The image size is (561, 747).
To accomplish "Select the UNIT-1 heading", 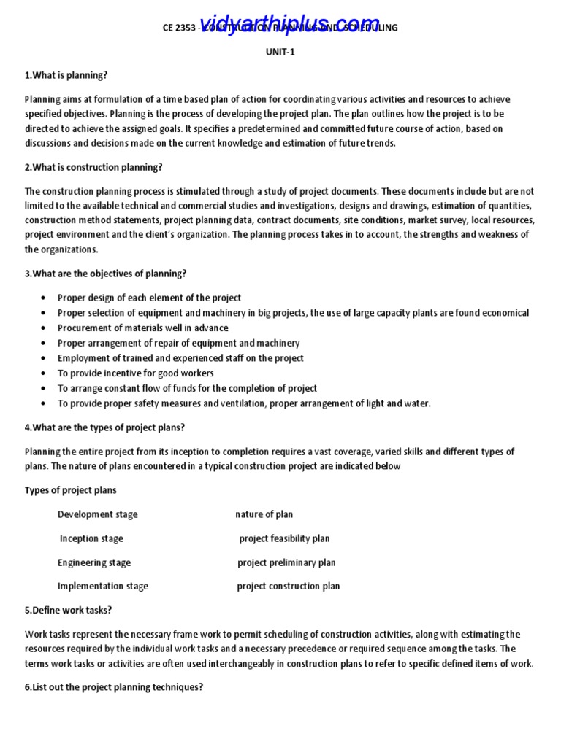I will (x=280, y=52).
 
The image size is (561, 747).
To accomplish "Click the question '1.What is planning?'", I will (x=66, y=75).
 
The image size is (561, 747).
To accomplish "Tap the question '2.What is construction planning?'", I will (x=93, y=167).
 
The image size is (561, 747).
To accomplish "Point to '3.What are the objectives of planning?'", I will (x=106, y=274).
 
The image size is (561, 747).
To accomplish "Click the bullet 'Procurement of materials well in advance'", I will (x=143, y=328).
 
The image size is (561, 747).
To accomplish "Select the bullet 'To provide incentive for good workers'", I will (x=136, y=373).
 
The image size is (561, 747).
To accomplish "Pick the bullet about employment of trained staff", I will (x=180, y=358).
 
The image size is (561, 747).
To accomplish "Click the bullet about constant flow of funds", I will (x=187, y=388).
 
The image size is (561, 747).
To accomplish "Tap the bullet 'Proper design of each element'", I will (x=150, y=298).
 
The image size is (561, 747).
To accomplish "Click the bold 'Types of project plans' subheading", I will (x=71, y=490).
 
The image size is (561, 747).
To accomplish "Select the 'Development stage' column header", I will (x=97, y=514).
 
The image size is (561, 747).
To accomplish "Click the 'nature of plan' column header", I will (x=264, y=514).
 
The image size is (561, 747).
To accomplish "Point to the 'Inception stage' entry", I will (x=91, y=538).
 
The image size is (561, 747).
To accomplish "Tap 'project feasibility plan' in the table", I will (x=284, y=538).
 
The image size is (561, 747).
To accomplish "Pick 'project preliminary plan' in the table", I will (x=286, y=562).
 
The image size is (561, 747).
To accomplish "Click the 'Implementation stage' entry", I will (x=103, y=586).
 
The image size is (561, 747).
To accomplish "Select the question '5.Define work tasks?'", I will (x=69, y=610).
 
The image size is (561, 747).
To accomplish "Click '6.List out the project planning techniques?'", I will (x=114, y=687).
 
